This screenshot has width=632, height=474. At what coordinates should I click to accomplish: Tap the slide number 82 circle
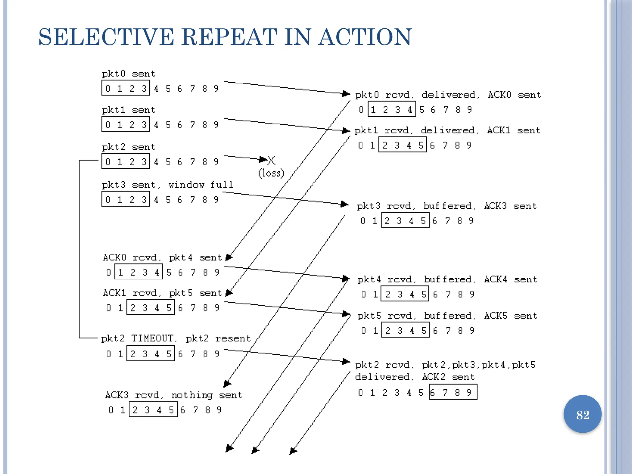coord(582,414)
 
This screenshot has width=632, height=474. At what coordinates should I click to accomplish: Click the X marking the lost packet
coord(271,160)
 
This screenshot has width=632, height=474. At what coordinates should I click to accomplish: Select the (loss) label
coord(271,173)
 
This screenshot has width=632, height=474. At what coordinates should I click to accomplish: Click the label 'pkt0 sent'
coord(128,74)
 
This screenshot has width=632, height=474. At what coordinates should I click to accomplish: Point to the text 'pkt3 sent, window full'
coord(168,185)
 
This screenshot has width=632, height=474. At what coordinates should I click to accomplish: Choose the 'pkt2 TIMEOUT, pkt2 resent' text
coord(176,339)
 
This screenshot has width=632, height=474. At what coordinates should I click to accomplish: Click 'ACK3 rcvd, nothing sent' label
coord(173,395)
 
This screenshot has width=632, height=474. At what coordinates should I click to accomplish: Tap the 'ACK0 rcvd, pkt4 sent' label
coord(162,257)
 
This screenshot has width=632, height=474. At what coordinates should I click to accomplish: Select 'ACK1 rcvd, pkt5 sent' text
coord(162,293)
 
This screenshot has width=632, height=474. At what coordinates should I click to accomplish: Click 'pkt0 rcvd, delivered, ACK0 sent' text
coord(448,95)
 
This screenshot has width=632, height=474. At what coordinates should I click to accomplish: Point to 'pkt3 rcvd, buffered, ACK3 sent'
coord(447,206)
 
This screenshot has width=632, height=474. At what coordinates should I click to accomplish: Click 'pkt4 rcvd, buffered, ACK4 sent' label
coord(447,279)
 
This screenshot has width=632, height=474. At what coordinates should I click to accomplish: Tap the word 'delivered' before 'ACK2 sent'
coord(382,377)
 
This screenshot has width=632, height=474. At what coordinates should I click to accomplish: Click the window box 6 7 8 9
coord(453,392)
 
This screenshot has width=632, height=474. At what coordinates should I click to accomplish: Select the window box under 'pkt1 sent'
coord(126,124)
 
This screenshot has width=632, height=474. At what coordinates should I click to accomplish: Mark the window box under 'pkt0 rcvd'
coord(392,109)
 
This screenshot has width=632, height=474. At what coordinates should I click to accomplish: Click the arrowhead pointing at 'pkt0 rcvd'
coord(346,94)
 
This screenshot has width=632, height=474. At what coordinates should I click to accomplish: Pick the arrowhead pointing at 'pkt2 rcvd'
coord(346,361)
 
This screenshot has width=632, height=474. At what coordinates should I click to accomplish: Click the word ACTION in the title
coord(365,37)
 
